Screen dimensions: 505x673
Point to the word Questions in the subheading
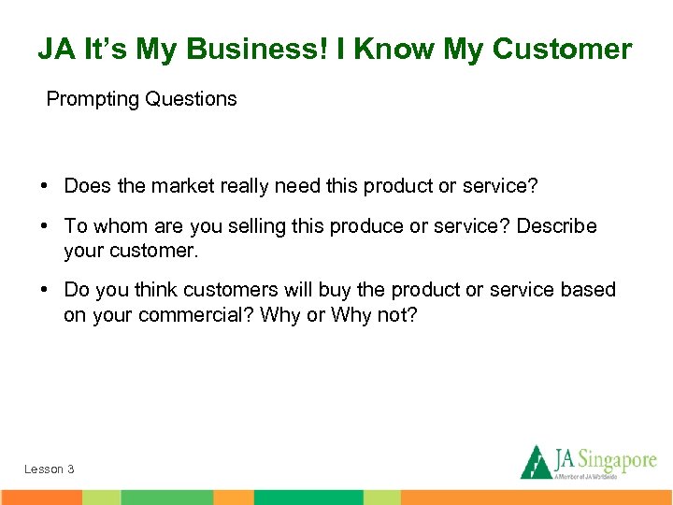pyautogui.click(x=191, y=99)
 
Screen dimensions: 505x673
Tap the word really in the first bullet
pyautogui.click(x=245, y=187)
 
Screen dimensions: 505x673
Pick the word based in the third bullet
pyautogui.click(x=588, y=291)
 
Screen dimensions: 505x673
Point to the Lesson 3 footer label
pyautogui.click(x=50, y=469)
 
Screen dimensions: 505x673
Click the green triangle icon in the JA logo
pyautogui.click(x=535, y=462)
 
